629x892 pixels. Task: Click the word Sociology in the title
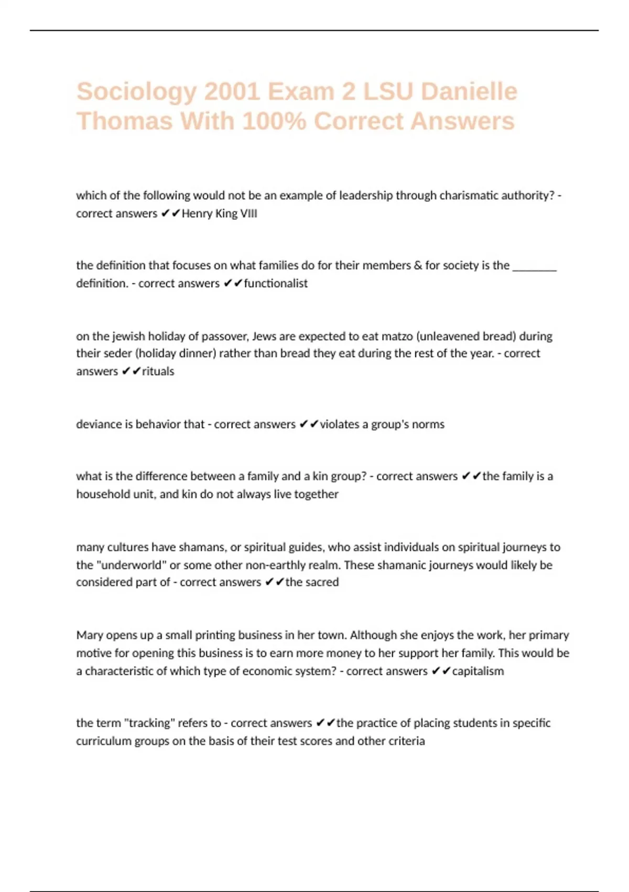point(136,92)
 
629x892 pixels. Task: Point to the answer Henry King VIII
point(219,214)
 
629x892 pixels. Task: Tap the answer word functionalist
point(276,283)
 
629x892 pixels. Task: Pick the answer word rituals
point(158,371)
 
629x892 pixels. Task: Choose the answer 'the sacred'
point(312,582)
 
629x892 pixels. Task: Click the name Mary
point(90,635)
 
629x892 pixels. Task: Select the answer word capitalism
point(478,671)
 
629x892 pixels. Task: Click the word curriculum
point(103,741)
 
